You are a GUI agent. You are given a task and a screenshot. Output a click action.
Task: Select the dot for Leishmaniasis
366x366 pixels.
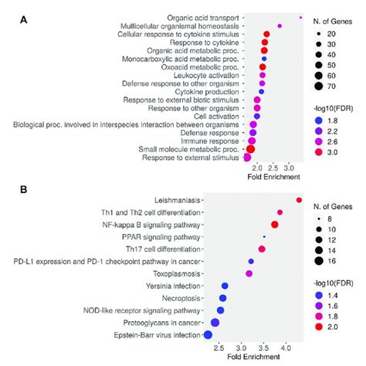299,200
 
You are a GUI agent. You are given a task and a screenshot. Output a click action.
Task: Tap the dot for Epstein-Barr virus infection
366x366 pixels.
207,334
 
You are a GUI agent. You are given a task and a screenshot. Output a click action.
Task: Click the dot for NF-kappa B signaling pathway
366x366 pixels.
274,224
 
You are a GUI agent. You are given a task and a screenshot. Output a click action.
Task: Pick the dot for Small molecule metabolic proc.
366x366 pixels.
250,149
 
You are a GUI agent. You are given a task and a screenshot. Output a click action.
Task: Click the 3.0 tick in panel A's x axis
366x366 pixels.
288,168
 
